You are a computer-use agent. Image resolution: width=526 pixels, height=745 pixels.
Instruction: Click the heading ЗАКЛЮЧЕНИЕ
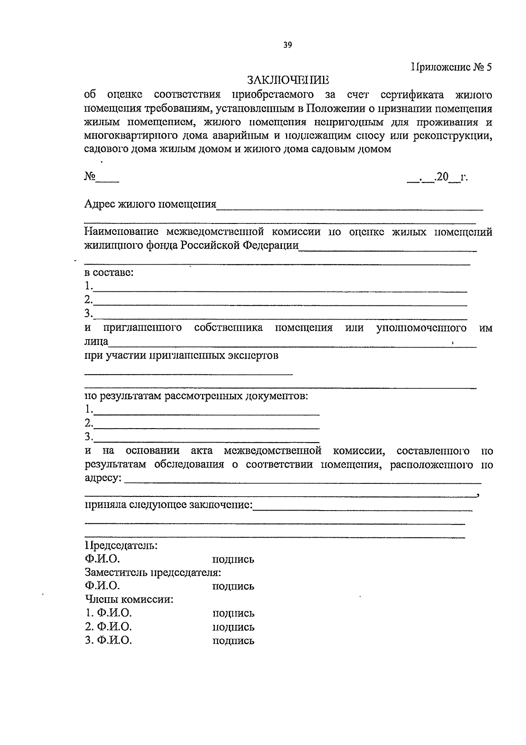288,80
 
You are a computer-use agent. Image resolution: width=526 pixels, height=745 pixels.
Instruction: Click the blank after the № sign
108,179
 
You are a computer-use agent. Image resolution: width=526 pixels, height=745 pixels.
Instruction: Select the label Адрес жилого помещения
150,204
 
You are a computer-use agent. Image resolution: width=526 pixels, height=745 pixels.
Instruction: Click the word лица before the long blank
96,341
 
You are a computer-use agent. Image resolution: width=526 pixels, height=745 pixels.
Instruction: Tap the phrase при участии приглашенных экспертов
181,355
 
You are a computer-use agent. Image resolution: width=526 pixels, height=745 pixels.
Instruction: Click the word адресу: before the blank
103,478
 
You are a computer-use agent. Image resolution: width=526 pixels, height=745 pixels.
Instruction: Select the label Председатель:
121,546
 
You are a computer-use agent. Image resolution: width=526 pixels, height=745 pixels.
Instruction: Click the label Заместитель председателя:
153,572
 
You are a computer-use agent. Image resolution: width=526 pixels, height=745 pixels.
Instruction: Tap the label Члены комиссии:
129,599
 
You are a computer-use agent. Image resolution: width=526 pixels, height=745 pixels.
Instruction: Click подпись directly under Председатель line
233,560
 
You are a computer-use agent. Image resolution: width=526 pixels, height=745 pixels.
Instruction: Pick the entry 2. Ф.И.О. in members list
108,627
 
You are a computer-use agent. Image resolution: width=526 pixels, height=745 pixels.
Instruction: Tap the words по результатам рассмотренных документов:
196,396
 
